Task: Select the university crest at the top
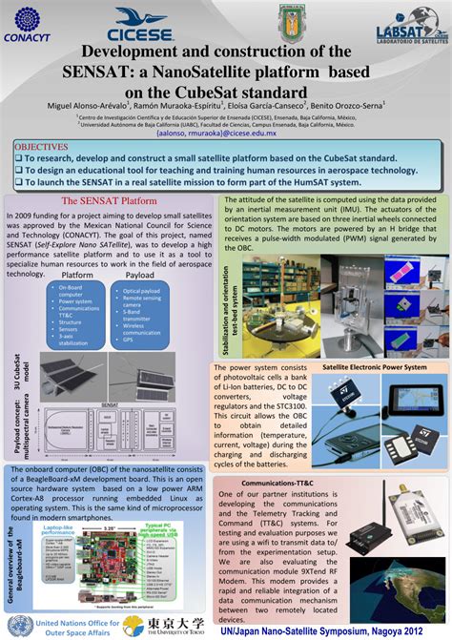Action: tap(291, 20)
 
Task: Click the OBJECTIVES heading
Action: tap(42, 148)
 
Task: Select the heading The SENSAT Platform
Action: tap(109, 201)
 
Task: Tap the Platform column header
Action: tap(77, 274)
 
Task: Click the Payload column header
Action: tap(140, 274)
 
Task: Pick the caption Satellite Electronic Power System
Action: tap(374, 366)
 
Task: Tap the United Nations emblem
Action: tap(22, 625)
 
